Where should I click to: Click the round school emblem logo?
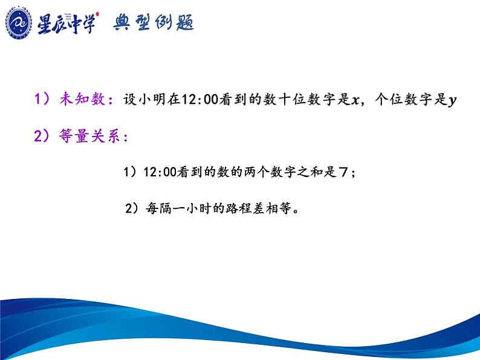[18, 23]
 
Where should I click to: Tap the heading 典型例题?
[154, 22]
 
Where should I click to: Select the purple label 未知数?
[82, 99]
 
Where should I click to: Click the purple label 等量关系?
[89, 136]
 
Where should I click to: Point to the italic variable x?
[355, 100]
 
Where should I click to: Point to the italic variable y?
[452, 101]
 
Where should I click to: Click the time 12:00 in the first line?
[200, 100]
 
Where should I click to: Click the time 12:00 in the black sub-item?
[160, 172]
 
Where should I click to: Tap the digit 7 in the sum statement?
[343, 172]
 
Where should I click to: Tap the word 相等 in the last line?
[278, 208]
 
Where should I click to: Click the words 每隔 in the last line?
[158, 208]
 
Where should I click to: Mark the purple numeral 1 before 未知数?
[37, 99]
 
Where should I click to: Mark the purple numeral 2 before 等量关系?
[37, 136]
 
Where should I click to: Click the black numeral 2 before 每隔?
[129, 208]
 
